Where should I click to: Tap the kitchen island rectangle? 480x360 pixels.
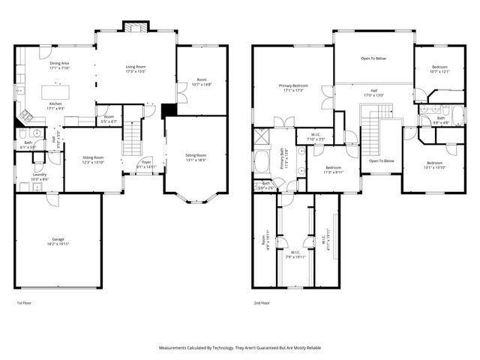click(x=58, y=91)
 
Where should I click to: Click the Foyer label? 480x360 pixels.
click(x=147, y=163)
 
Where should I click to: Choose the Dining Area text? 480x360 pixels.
click(x=60, y=64)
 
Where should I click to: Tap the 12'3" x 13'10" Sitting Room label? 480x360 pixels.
click(x=94, y=157)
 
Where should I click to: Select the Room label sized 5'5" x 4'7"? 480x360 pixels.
click(x=109, y=117)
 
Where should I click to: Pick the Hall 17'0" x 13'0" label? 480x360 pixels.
click(x=373, y=91)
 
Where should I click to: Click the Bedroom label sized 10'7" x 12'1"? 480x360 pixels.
click(x=439, y=67)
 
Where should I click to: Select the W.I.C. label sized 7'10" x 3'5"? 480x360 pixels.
click(x=316, y=135)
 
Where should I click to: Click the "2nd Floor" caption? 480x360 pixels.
click(x=262, y=304)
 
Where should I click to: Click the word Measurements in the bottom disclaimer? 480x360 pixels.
click(x=176, y=348)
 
